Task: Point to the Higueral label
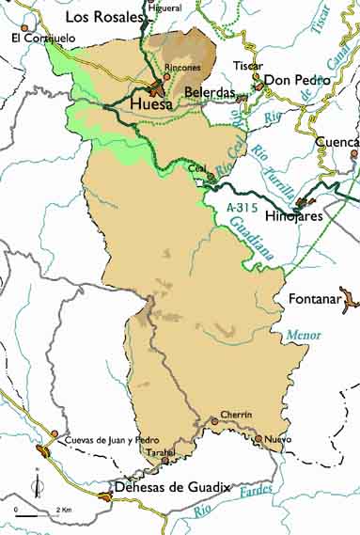(165, 8)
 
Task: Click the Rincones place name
(181, 69)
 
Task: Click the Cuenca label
(337, 142)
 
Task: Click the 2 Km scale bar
(39, 515)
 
